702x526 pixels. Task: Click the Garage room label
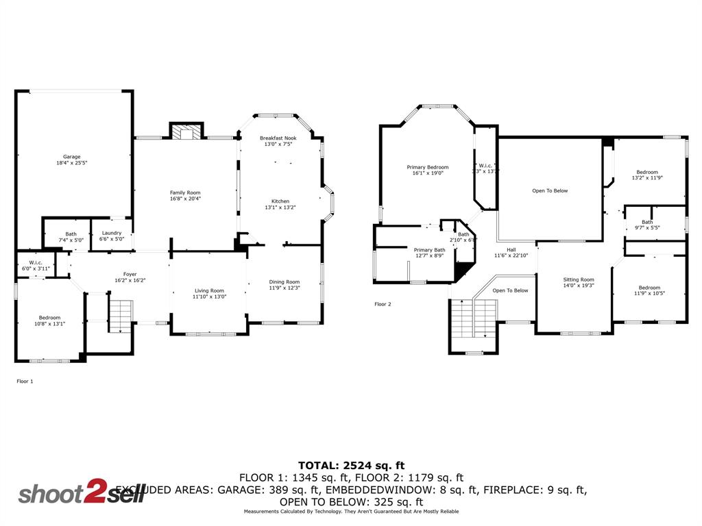point(72,156)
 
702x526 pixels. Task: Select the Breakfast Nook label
point(278,138)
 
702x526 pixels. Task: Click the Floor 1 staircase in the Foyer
point(121,316)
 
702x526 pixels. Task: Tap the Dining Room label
point(284,281)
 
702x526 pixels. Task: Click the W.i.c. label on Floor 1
point(36,262)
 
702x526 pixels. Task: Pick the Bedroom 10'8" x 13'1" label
point(49,317)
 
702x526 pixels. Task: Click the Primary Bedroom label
point(428,167)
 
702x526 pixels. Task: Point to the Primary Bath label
point(429,250)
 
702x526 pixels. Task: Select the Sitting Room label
point(579,279)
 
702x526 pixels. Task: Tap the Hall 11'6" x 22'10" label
point(511,253)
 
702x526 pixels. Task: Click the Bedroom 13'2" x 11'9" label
point(647,172)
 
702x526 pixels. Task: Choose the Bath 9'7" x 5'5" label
point(647,222)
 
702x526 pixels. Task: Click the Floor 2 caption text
point(383,303)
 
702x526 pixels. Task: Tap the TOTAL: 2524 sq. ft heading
point(351,465)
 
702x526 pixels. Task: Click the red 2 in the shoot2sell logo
point(92,493)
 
